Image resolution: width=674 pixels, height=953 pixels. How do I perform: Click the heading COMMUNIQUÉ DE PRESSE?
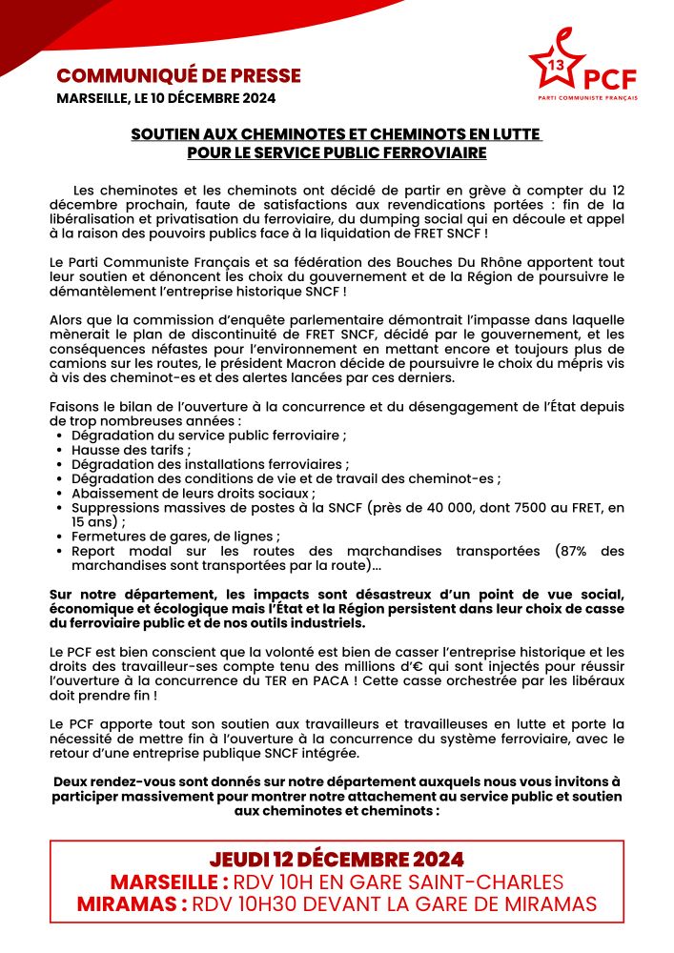(x=178, y=75)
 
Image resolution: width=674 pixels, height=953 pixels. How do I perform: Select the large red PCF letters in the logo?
(x=610, y=78)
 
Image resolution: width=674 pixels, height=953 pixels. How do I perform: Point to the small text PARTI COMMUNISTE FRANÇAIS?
(x=587, y=98)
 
